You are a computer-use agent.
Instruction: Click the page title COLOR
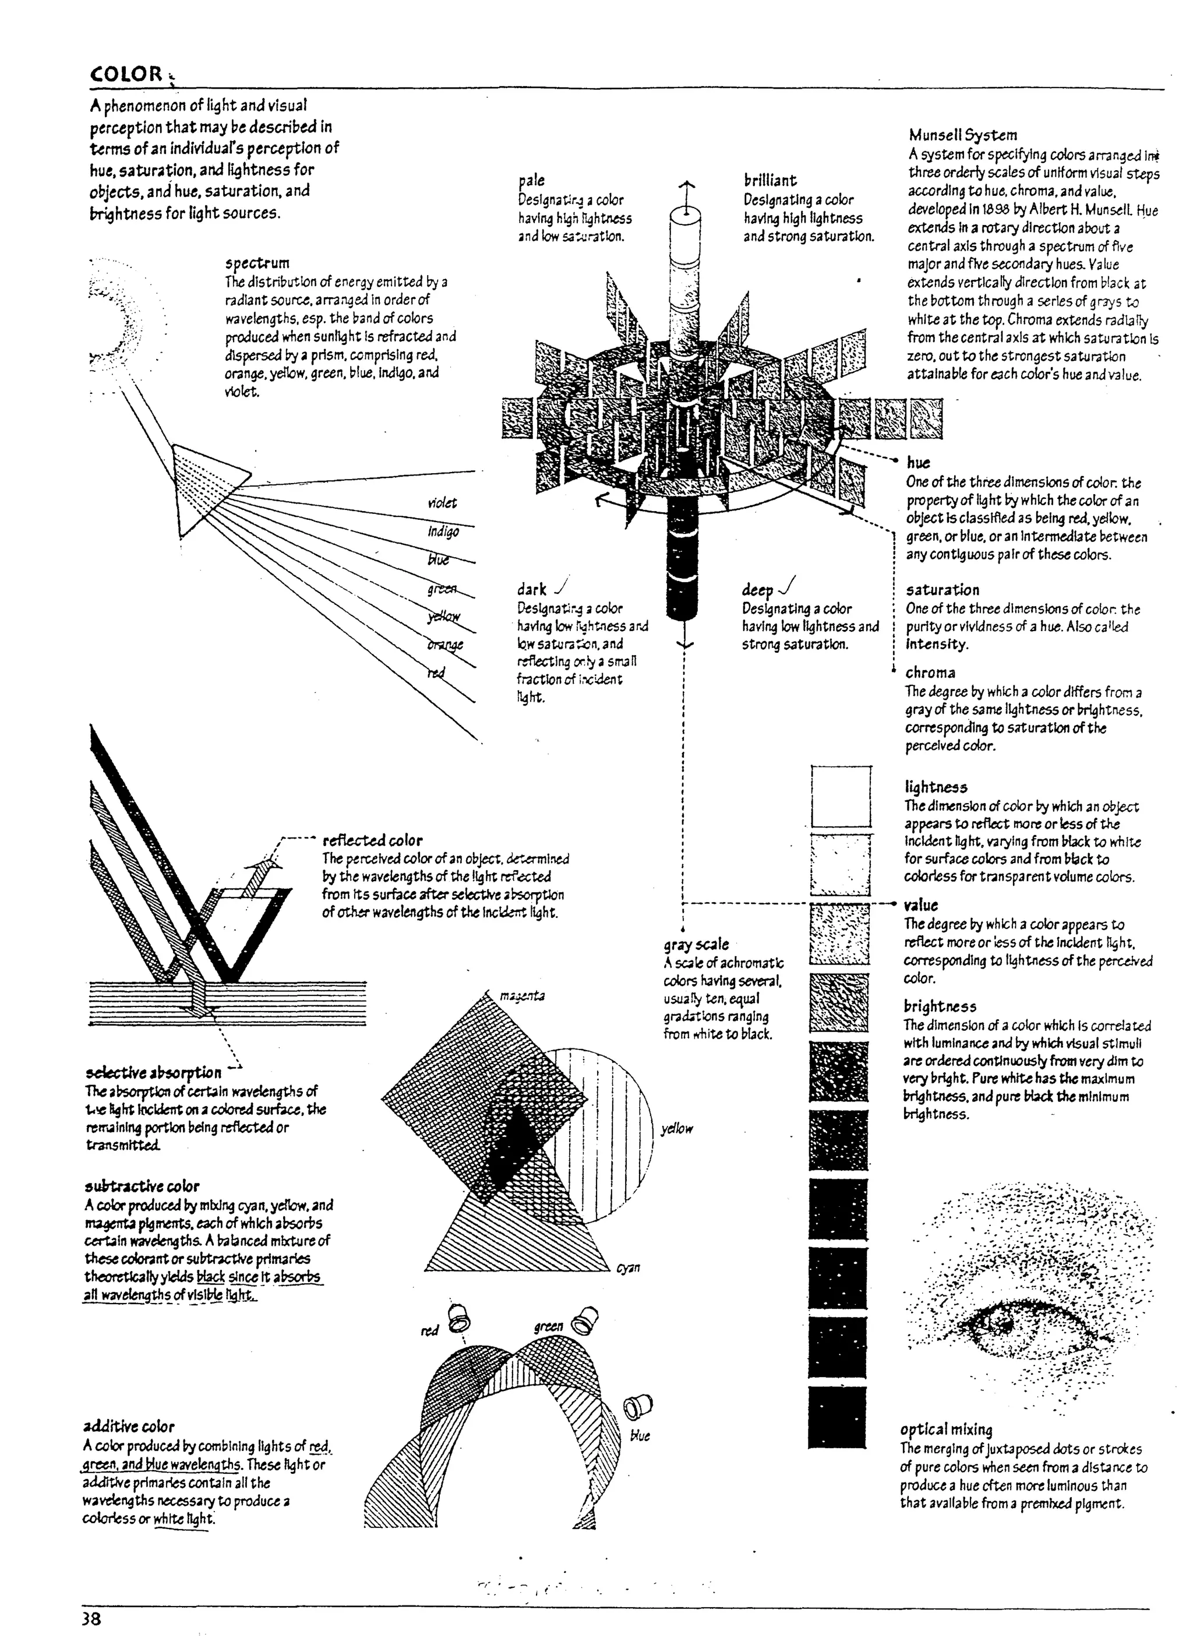click(126, 74)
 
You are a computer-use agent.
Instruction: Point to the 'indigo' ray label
click(443, 532)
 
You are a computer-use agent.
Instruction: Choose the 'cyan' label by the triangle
click(628, 1267)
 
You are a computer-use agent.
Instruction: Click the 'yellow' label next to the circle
click(676, 1128)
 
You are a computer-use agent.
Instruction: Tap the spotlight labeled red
click(459, 1316)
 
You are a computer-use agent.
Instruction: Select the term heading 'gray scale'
click(696, 945)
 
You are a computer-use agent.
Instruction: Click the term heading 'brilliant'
click(770, 180)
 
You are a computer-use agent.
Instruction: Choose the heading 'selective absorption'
click(153, 1072)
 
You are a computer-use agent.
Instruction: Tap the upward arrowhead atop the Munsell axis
click(686, 186)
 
